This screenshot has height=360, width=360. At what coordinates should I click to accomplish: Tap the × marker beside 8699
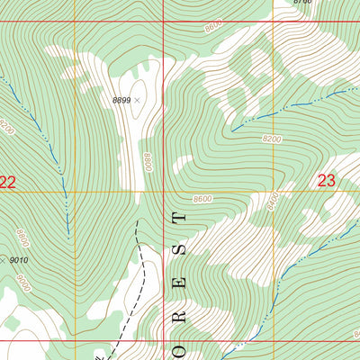coord(137,101)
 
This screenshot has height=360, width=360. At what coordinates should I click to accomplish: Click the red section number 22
coord(8,183)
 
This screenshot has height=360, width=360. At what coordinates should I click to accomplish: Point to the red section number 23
coord(327,181)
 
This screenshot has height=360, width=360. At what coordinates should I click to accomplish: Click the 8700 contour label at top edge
coord(302,3)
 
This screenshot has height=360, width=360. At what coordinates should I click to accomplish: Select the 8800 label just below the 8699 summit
coord(148,163)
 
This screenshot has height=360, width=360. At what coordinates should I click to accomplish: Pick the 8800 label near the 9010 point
coord(22,238)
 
